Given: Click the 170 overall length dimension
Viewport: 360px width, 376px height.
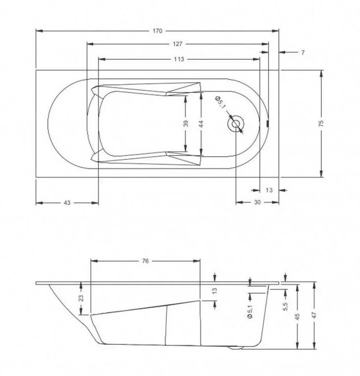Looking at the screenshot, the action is click(157, 31).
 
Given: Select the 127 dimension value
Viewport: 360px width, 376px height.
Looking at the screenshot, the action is click(178, 44).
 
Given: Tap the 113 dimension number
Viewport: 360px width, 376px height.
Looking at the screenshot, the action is click(179, 59).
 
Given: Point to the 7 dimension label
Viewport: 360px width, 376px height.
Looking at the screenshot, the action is click(303, 52).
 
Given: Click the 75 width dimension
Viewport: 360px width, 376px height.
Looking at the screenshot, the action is click(321, 123).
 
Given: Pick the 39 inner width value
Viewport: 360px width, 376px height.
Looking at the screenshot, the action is click(186, 124).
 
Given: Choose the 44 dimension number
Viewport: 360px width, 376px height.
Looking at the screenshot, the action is click(201, 124).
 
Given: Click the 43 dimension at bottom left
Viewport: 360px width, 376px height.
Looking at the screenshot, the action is click(67, 203).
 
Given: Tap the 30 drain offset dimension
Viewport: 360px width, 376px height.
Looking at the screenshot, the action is click(257, 202).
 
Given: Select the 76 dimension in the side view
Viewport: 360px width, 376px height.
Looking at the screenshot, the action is click(145, 261).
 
